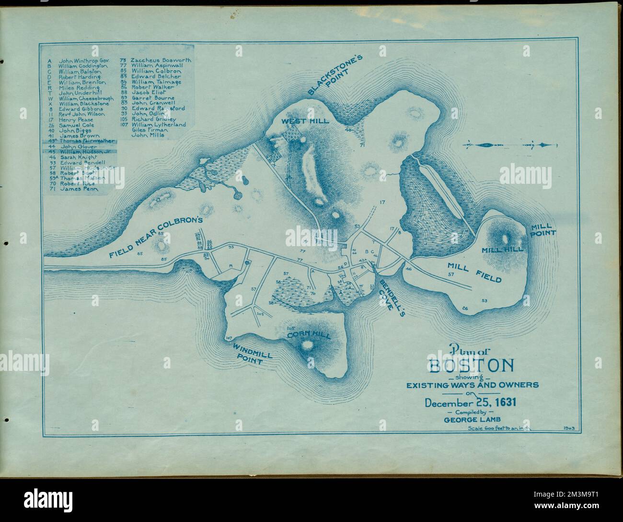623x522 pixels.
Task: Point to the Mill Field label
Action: [474, 272]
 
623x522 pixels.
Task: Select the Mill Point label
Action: [542, 230]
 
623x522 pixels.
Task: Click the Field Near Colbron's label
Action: [156, 237]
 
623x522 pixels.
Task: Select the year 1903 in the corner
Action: [569, 427]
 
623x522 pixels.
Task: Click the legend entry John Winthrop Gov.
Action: [84, 61]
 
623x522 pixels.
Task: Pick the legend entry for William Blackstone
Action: [84, 103]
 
